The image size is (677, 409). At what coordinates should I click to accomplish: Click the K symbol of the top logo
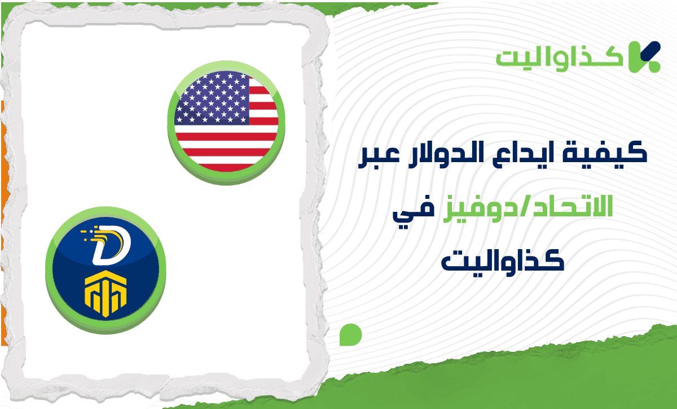pyautogui.click(x=643, y=56)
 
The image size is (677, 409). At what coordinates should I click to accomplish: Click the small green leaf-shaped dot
pyautogui.click(x=350, y=335)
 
